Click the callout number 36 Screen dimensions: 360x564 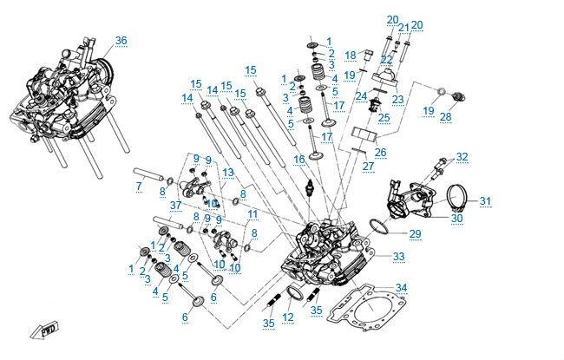pyautogui.click(x=121, y=41)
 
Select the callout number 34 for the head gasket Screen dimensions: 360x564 pyautogui.click(x=400, y=287)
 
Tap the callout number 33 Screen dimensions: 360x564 pyautogui.click(x=398, y=257)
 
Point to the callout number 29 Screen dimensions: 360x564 pyautogui.click(x=415, y=234)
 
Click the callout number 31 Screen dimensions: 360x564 pyautogui.click(x=484, y=201)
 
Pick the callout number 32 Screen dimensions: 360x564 pyautogui.click(x=462, y=157)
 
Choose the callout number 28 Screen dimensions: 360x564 pyautogui.click(x=446, y=116)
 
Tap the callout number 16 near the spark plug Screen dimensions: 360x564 pyautogui.click(x=299, y=159)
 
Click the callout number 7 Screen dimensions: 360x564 pyautogui.click(x=139, y=186)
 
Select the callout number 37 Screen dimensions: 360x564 pyautogui.click(x=176, y=205)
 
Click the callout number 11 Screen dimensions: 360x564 pyautogui.click(x=252, y=213)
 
